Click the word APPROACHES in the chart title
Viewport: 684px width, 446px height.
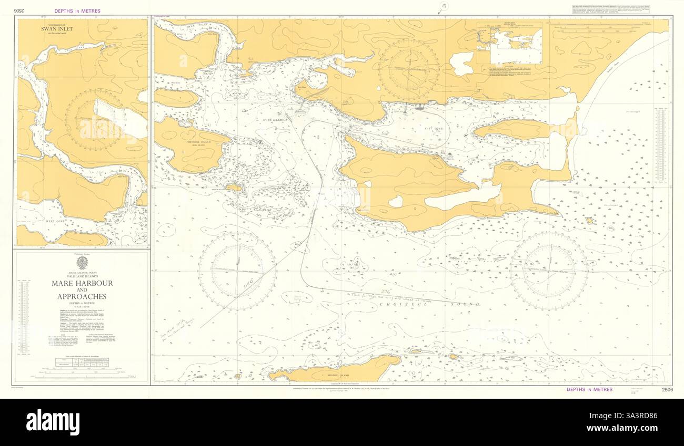pos(82,296)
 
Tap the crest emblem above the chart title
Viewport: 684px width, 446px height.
pos(82,263)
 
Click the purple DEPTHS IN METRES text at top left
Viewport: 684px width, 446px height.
pos(77,11)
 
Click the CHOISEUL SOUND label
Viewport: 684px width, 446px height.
pos(446,304)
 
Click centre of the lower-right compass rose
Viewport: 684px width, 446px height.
pos(549,271)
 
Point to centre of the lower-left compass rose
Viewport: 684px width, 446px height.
pos(237,271)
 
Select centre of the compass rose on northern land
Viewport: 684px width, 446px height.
pos(409,70)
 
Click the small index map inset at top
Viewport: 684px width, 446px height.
pos(509,43)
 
